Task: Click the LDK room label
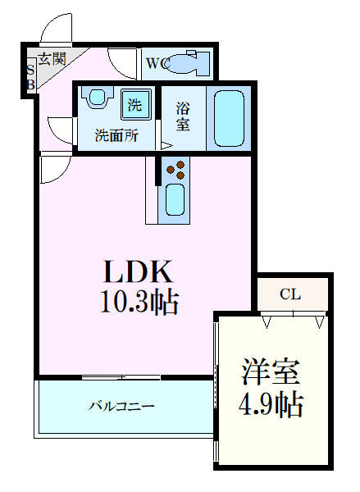click(x=137, y=272)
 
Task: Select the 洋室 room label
click(x=271, y=373)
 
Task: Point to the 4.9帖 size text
click(x=271, y=403)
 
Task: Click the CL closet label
click(x=289, y=294)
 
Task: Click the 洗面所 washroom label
click(x=115, y=135)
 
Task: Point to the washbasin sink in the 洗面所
click(x=98, y=98)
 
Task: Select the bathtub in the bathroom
click(x=230, y=116)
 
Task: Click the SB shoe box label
click(x=30, y=76)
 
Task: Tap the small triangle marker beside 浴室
click(x=166, y=146)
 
